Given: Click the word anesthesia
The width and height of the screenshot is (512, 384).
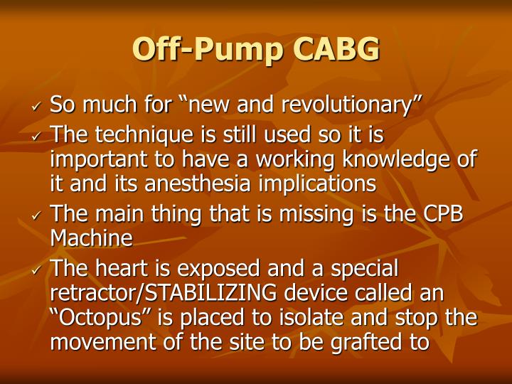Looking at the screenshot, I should point(186,185).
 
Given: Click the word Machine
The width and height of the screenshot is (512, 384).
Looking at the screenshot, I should point(91,238).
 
